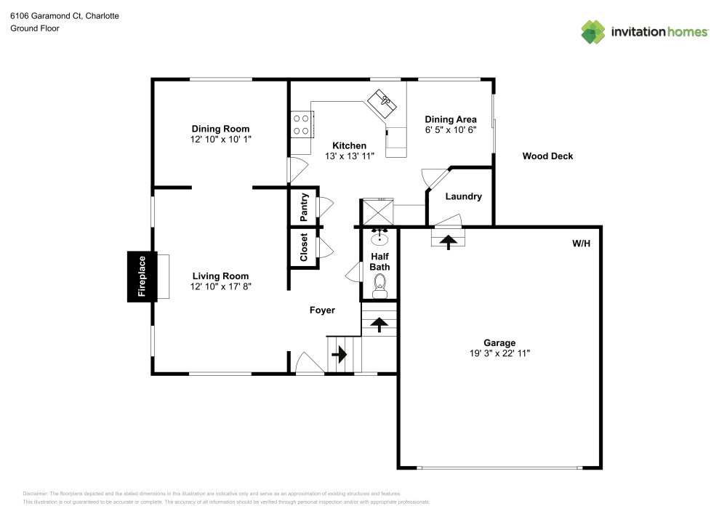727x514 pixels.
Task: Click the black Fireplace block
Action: coord(142,276)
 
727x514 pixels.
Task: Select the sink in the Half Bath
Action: coord(379,237)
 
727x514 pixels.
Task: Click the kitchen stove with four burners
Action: coord(302,123)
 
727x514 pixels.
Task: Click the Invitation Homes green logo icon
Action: coord(593,31)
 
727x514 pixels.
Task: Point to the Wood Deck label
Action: coord(547,156)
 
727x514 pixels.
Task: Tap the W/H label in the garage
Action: coord(581,244)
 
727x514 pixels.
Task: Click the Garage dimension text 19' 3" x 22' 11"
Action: coord(499,353)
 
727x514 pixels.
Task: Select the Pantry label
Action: coord(304,207)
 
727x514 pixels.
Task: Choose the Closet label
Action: coord(304,247)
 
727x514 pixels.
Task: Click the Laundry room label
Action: coord(463,196)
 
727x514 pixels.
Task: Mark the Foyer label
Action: coord(322,310)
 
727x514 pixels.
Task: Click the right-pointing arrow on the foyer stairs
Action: coord(340,355)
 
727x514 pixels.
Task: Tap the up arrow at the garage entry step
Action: coord(448,241)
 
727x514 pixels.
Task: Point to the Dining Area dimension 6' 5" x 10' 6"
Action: coord(451,129)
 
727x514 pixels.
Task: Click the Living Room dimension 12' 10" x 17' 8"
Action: coord(220,286)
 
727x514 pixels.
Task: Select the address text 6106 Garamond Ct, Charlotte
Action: coord(55,15)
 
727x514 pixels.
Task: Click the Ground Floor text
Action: coord(34,28)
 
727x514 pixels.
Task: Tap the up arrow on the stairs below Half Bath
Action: coord(379,324)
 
